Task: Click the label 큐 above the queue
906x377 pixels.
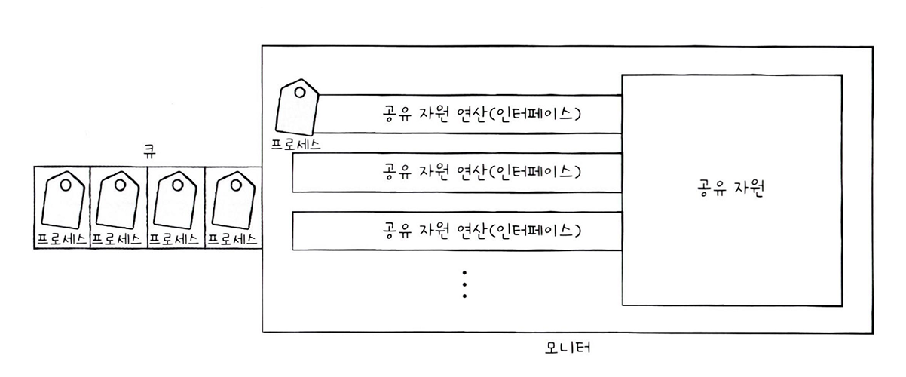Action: tap(148, 151)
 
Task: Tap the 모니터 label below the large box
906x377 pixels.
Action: tap(566, 348)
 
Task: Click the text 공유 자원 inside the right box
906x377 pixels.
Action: tap(730, 189)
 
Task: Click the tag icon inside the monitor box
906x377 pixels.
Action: tap(297, 107)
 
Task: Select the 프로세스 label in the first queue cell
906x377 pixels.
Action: tap(62, 239)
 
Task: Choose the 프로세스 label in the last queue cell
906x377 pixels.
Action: tap(232, 239)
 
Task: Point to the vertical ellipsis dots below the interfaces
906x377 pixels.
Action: tap(465, 284)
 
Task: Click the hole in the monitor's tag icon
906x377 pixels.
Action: tap(299, 93)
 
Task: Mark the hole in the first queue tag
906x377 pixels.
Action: tap(66, 184)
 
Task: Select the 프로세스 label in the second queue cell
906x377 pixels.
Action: tap(118, 239)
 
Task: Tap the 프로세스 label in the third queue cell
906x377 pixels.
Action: tap(175, 239)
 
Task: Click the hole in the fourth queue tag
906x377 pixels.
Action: tap(234, 184)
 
